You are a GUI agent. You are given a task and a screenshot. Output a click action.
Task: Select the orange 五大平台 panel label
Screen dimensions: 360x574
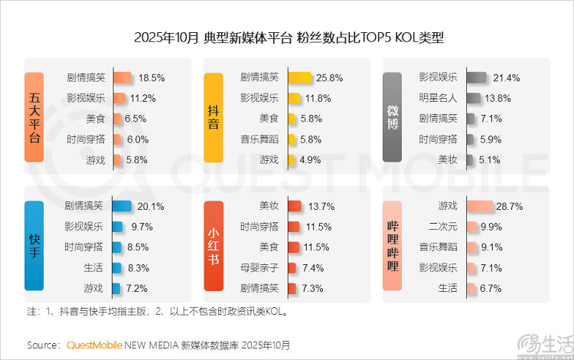tap(34, 117)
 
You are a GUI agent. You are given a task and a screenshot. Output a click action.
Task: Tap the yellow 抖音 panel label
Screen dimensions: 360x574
tap(214, 117)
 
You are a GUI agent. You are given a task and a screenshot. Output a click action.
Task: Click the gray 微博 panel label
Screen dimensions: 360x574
tap(393, 117)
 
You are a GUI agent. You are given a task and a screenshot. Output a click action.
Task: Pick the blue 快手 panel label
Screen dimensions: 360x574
tap(34, 246)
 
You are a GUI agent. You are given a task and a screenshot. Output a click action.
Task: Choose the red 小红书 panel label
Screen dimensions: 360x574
tap(214, 246)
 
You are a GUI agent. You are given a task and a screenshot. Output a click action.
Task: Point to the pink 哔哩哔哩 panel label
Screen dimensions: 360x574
tap(393, 246)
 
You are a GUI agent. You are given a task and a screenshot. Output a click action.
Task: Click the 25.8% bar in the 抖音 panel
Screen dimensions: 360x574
tap(299, 77)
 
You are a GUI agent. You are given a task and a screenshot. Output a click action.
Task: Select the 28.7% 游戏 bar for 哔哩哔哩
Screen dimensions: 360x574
tap(480, 206)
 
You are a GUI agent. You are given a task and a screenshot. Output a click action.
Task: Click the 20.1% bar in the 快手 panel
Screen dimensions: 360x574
tap(122, 206)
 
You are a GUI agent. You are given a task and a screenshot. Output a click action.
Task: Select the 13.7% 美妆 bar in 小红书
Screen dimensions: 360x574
tap(294, 206)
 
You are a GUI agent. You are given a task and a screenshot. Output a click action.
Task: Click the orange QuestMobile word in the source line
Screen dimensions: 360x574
tap(95, 345)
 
